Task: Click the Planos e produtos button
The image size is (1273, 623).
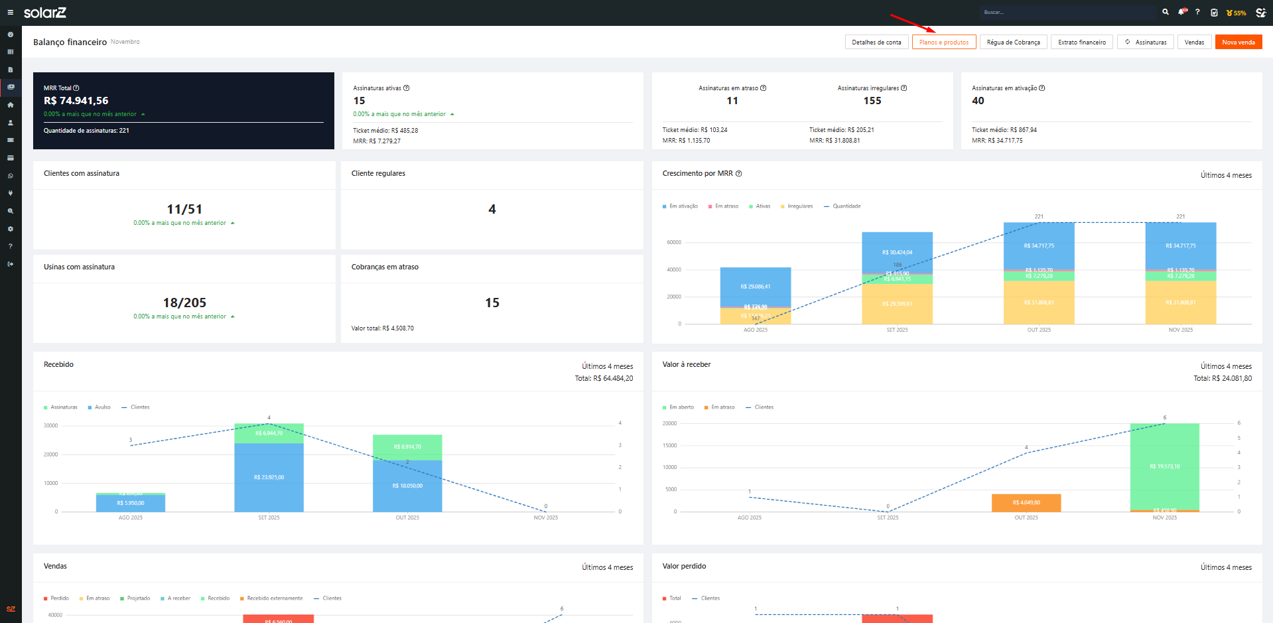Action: (943, 42)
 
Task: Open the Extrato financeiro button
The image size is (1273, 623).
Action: (1081, 42)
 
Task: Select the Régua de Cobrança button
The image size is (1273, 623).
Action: (1013, 42)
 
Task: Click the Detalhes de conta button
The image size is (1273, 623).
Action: (876, 42)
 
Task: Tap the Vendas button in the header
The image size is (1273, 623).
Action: (1194, 42)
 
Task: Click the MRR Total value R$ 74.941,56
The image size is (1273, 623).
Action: (76, 101)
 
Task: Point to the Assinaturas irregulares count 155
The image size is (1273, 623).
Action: (872, 101)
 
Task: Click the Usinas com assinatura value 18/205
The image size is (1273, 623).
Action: (184, 303)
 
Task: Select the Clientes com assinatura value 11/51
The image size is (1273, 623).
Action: (184, 209)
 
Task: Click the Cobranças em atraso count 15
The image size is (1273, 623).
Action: (492, 303)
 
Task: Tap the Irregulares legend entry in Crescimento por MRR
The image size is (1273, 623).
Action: (799, 206)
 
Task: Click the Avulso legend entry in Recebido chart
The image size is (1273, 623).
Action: (102, 407)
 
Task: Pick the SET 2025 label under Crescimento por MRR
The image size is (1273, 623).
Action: (897, 330)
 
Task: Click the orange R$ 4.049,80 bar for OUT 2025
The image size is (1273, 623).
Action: (1026, 503)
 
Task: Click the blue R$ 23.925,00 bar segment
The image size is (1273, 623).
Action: (269, 478)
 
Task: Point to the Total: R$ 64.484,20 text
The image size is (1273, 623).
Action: (604, 379)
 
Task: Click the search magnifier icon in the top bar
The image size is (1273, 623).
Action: (1165, 12)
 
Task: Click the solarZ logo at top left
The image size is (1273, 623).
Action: (44, 13)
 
